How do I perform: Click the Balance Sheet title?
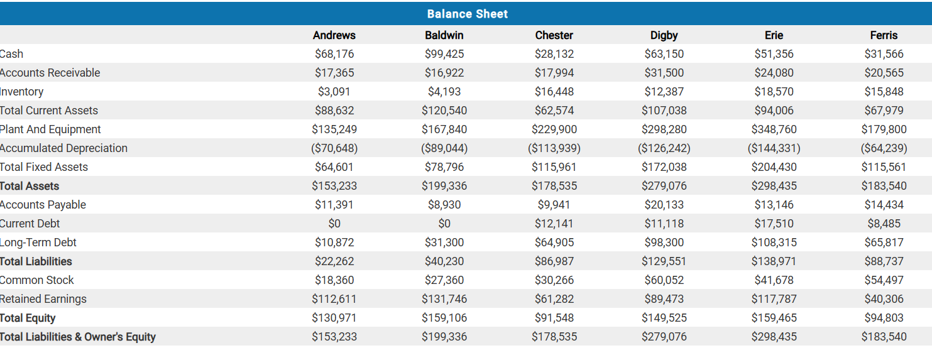467,14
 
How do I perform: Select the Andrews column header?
334,35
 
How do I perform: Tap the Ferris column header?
884,35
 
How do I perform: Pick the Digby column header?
664,35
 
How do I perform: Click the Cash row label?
12,54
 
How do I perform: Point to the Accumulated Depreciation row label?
63,148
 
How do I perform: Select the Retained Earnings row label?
43,299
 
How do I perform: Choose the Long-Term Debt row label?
38,243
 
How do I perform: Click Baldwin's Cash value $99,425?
444,54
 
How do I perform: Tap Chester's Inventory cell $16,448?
554,92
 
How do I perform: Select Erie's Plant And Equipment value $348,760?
774,129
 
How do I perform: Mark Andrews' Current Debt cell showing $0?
334,224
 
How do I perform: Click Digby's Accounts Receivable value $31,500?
664,73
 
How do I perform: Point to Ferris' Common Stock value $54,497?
884,280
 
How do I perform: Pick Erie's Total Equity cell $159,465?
774,318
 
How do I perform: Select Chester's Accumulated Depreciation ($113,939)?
554,148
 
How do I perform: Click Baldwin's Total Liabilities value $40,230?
444,261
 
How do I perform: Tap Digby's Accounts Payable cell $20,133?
664,205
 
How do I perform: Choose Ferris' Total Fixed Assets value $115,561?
884,167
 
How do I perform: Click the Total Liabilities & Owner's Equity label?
78,337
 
